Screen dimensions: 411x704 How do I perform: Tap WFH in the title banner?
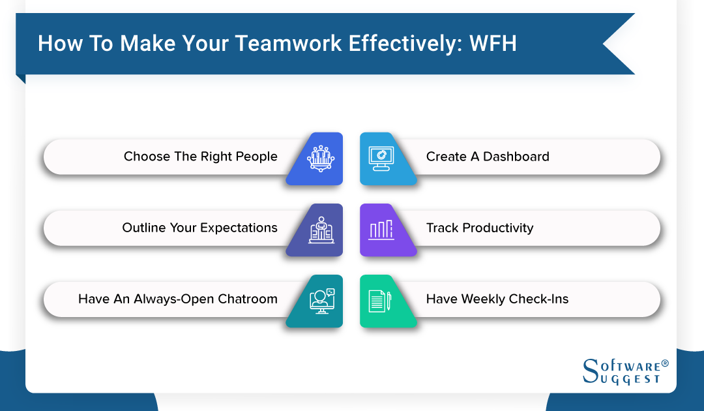pos(496,43)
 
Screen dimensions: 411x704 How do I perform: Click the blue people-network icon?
pos(319,157)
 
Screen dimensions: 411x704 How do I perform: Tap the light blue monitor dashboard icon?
pos(379,158)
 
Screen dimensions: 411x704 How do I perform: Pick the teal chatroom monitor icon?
pos(320,300)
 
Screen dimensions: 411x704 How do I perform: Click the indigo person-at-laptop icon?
pos(320,229)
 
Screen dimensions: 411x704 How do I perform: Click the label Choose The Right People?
pos(200,157)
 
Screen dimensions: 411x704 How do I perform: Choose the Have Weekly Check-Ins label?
pos(497,299)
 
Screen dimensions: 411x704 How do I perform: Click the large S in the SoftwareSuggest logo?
pos(589,371)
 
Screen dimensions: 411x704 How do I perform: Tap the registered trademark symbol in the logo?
pos(665,363)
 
